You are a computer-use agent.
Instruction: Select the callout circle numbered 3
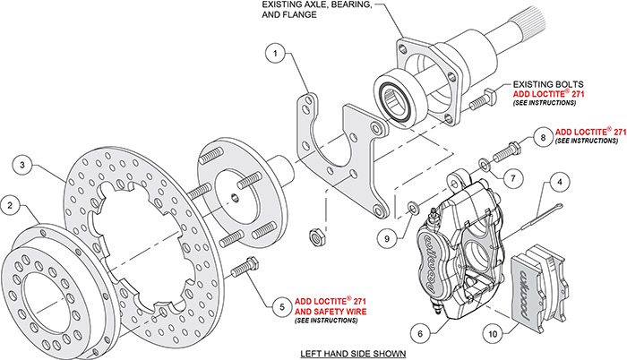[23, 164]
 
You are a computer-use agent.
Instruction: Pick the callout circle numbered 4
[557, 184]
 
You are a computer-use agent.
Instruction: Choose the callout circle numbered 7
[512, 176]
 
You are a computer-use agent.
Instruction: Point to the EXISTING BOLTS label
[543, 82]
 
